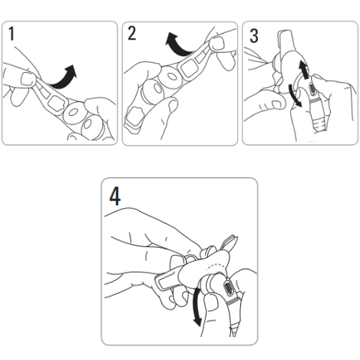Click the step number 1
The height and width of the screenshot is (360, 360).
pos(11,33)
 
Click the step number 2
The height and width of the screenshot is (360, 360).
pos(132,33)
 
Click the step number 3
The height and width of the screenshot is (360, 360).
pos(253,35)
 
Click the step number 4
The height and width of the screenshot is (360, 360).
pos(115,197)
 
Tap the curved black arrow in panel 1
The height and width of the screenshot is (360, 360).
pos(62,79)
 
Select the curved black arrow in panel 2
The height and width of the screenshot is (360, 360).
pos(179,48)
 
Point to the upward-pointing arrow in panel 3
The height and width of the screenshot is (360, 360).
pos(304,69)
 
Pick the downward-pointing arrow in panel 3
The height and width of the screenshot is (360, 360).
pos(295,95)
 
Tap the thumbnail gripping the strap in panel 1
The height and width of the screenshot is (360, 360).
pos(28,79)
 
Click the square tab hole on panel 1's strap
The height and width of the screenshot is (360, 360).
pos(57,104)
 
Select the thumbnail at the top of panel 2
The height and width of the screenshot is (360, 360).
pos(217,43)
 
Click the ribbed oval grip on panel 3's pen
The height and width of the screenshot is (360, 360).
pos(312,89)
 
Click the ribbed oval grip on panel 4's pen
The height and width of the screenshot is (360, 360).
pos(229,288)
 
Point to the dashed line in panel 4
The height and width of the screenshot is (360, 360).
pos(216,265)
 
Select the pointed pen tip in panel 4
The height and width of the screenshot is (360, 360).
pos(235,330)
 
